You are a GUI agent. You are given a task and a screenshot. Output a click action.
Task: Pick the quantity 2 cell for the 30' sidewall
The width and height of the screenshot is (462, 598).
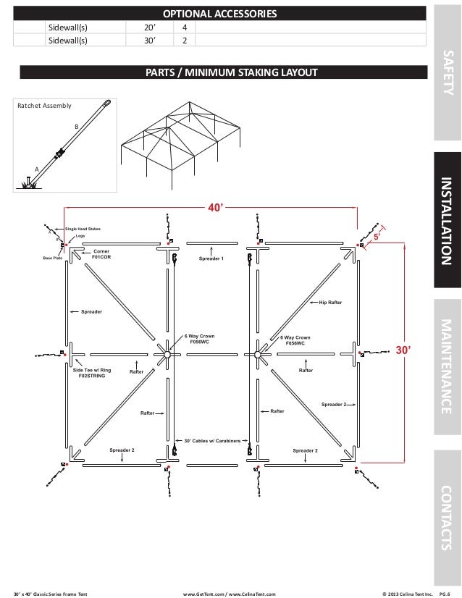point(185,41)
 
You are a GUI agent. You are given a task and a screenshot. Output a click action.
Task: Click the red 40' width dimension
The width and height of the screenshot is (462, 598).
point(215,208)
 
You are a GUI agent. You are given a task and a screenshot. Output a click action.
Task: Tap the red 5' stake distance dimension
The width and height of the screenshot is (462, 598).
point(377,237)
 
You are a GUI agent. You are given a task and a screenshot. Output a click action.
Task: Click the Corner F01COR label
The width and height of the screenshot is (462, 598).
point(101,253)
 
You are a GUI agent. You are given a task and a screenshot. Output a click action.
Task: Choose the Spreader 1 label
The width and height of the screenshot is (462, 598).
point(211,258)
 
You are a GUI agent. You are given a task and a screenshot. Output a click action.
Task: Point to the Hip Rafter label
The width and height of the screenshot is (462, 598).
point(330,303)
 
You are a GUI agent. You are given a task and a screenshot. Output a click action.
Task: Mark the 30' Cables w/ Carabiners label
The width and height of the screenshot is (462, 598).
point(213,439)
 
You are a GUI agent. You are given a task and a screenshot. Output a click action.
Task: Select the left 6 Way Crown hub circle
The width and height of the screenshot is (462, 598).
point(167,354)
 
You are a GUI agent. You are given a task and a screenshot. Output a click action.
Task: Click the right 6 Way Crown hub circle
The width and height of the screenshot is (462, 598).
point(256,354)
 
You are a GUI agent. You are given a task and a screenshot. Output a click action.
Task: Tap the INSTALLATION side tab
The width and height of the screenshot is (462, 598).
point(447,221)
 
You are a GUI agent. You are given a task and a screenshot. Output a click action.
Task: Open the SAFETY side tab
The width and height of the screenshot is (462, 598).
point(447,72)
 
